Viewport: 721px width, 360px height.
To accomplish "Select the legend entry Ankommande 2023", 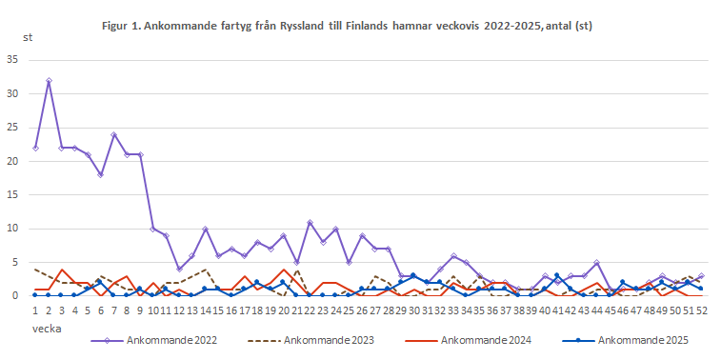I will (304, 338).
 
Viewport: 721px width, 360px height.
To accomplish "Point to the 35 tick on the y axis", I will (12, 59).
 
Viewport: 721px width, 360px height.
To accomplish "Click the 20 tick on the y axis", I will (12, 161).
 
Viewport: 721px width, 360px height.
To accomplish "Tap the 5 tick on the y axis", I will (15, 262).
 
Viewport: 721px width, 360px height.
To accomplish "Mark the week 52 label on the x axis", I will (702, 310).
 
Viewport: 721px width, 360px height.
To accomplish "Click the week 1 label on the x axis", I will (35, 310).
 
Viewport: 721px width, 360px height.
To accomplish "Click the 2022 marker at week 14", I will (206, 229).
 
